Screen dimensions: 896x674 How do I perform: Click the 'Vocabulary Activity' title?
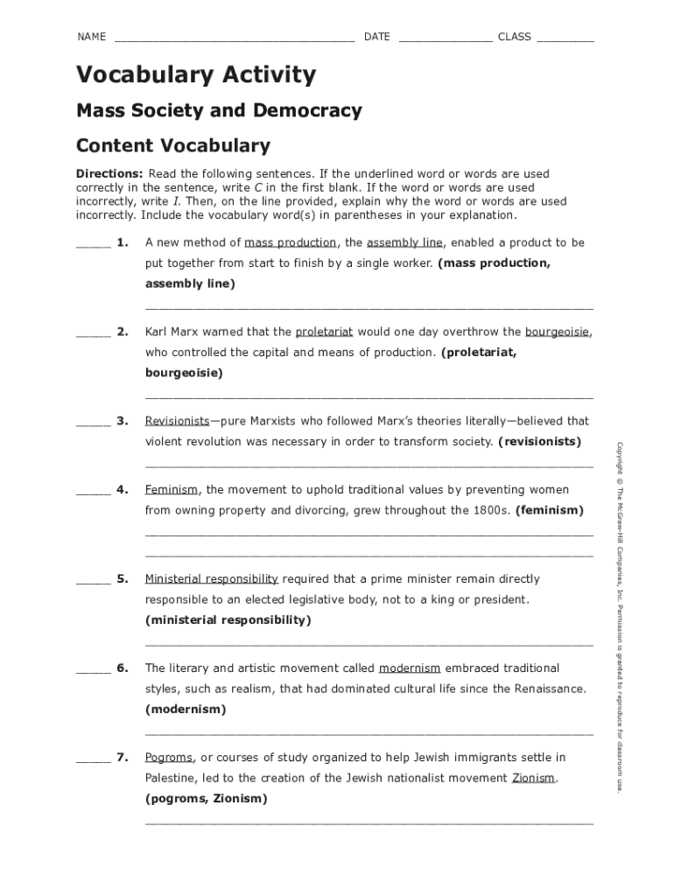pyautogui.click(x=195, y=75)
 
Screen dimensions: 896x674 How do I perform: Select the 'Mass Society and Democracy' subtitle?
pyautogui.click(x=219, y=111)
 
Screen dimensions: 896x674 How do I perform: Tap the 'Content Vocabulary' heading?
pyautogui.click(x=173, y=145)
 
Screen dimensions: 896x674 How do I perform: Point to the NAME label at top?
pyautogui.click(x=91, y=37)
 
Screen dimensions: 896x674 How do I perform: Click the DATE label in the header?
pyautogui.click(x=377, y=37)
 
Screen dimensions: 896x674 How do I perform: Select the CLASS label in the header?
pyautogui.click(x=515, y=37)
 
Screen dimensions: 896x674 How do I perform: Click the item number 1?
pyautogui.click(x=123, y=242)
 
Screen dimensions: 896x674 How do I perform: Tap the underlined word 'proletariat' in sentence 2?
pyautogui.click(x=325, y=332)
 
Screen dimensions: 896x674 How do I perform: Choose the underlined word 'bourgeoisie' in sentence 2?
pyautogui.click(x=558, y=332)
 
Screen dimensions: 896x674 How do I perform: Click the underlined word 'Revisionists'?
pyautogui.click(x=178, y=421)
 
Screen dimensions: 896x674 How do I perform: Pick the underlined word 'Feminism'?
pyautogui.click(x=172, y=490)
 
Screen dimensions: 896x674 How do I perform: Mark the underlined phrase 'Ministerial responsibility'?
pyautogui.click(x=212, y=579)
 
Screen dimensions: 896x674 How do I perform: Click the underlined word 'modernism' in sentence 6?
pyautogui.click(x=410, y=668)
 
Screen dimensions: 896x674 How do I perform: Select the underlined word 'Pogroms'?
pyautogui.click(x=169, y=758)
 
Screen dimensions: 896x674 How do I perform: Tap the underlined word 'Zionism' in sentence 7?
pyautogui.click(x=533, y=778)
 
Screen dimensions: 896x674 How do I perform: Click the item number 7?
pyautogui.click(x=123, y=758)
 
